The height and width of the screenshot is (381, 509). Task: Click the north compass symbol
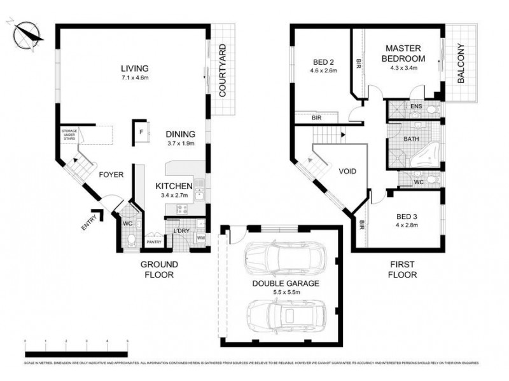24,32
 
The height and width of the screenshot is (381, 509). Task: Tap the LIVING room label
134,69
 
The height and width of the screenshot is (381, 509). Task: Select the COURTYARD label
223,70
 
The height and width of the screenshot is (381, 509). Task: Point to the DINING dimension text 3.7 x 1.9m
181,144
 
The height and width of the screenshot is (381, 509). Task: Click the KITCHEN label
174,185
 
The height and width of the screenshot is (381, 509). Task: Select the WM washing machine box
201,237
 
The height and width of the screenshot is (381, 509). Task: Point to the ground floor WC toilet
129,238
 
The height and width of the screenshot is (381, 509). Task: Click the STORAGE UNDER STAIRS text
69,134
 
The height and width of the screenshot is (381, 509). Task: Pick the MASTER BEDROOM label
403,53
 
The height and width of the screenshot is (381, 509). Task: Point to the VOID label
347,172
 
